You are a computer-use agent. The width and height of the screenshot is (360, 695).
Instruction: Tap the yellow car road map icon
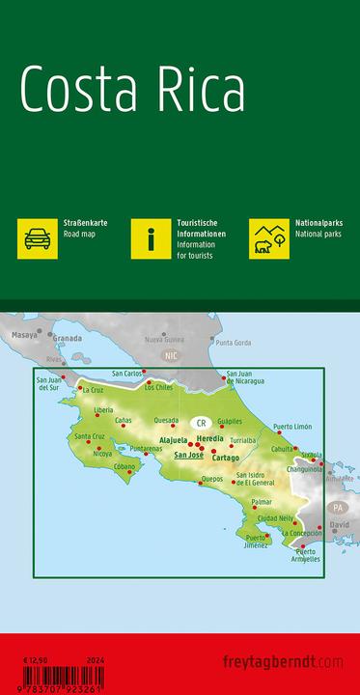click(37, 238)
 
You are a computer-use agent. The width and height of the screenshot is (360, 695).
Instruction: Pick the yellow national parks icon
click(269, 238)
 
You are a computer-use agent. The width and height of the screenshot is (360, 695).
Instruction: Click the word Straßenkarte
click(86, 223)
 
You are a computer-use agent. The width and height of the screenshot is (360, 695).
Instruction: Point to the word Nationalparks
click(318, 223)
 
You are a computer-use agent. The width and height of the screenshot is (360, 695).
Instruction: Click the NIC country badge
click(172, 355)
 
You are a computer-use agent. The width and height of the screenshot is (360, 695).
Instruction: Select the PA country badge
click(338, 507)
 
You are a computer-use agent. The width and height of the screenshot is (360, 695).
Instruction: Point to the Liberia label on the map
click(104, 410)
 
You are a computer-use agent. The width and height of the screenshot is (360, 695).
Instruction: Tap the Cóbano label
click(125, 466)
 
